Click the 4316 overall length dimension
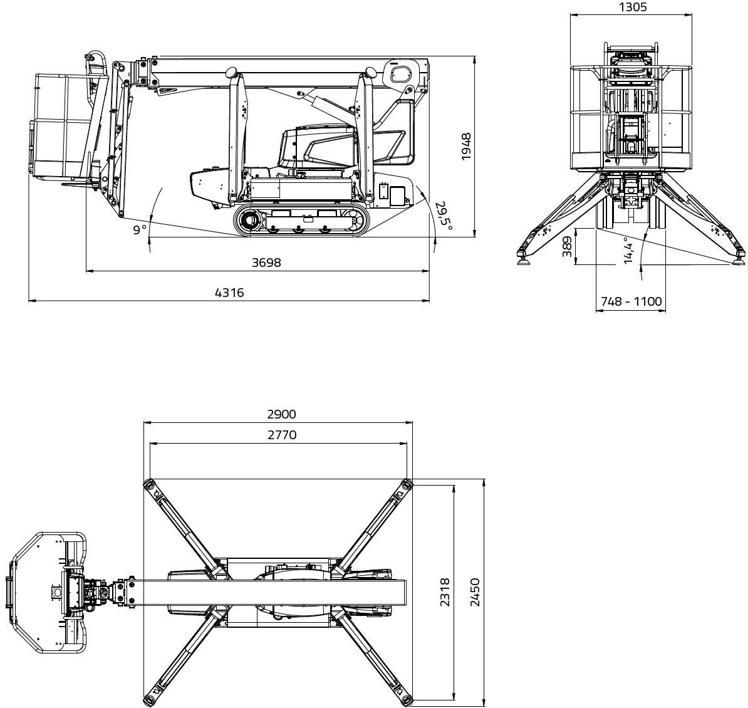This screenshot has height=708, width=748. coord(229,293)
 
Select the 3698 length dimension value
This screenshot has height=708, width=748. coord(266,263)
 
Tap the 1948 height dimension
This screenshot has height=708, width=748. coord(465,147)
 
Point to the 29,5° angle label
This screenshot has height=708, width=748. coord(444,216)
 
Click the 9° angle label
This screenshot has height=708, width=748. coord(139,230)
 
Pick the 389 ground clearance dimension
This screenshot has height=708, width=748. coord(567,247)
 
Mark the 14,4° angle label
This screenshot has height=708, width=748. coord(628,251)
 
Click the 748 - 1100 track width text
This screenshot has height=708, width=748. coord(631,301)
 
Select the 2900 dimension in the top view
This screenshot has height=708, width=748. coord(281,414)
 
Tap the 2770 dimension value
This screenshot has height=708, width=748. coord(282,435)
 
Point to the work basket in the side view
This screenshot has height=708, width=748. coord(63,125)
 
